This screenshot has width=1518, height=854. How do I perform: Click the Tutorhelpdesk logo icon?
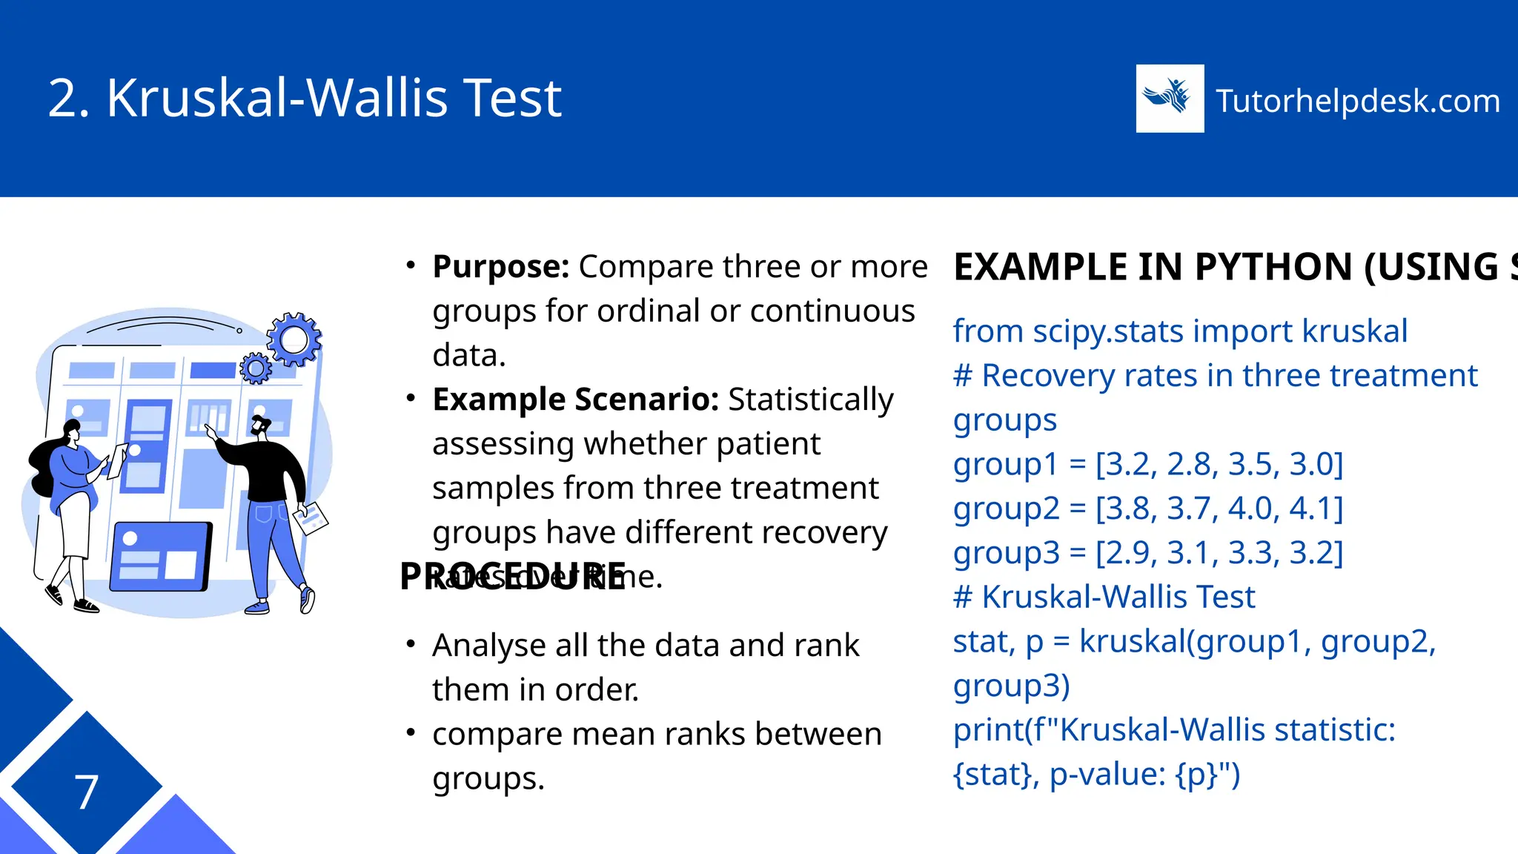pos(1170,99)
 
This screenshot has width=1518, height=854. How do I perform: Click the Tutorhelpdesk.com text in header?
pos(1358,101)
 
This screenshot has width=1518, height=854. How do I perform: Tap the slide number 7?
pos(87,792)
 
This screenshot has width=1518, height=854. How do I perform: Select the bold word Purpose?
pos(500,267)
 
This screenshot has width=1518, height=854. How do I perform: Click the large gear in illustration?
pos(294,340)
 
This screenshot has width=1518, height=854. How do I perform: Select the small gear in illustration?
pos(256,368)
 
